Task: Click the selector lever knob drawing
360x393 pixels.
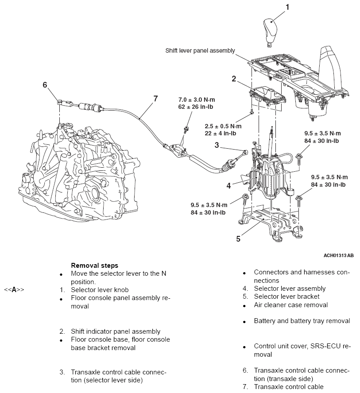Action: [271, 32]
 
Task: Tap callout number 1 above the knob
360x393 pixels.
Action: [287, 7]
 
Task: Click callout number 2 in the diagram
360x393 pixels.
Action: [234, 79]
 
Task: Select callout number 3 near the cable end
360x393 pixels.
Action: [217, 145]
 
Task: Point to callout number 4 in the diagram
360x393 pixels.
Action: [228, 186]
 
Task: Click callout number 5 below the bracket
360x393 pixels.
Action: [238, 239]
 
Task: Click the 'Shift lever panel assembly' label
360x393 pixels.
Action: [200, 51]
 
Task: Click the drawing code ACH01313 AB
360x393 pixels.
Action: [339, 255]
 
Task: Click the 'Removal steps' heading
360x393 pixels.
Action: [94, 266]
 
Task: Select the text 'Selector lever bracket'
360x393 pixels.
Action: [286, 297]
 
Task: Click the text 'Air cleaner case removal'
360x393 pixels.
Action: [290, 305]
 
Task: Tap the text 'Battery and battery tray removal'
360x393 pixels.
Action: [302, 321]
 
